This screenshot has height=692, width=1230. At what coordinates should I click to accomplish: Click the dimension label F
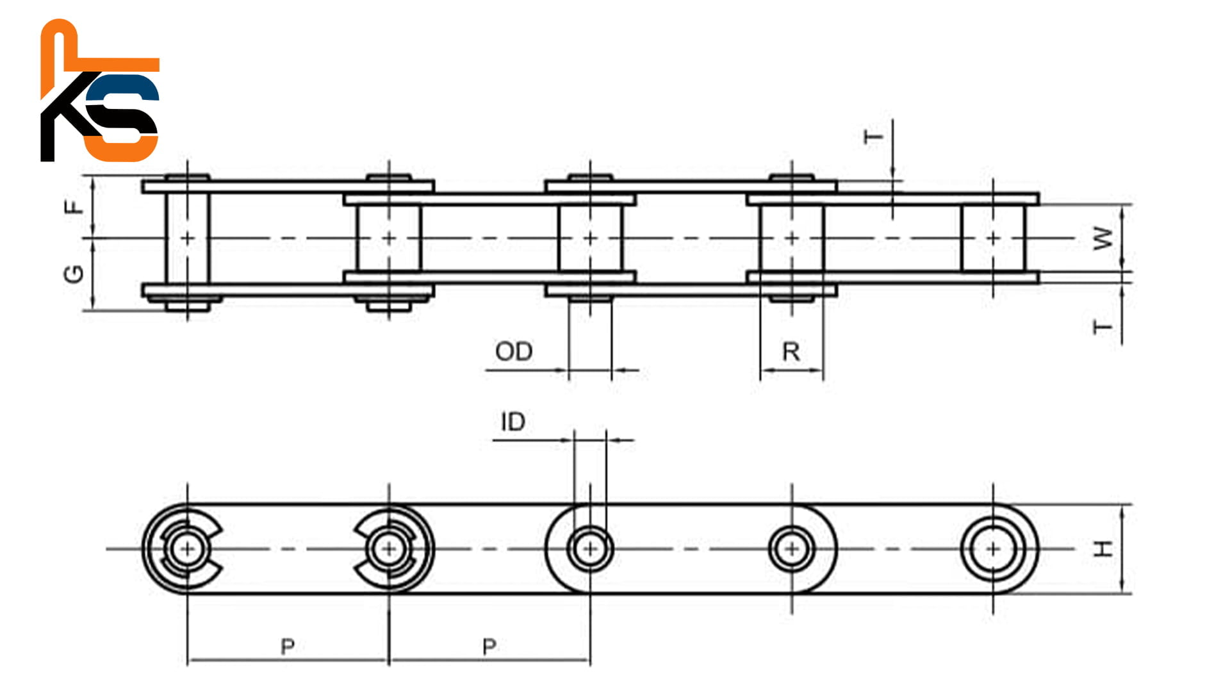(x=76, y=206)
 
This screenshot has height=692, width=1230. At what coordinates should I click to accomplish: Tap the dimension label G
(x=74, y=274)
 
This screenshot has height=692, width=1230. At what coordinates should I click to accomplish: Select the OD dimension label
(x=514, y=351)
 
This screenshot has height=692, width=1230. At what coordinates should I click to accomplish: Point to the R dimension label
(x=791, y=352)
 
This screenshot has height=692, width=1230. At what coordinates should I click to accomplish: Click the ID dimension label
(x=512, y=422)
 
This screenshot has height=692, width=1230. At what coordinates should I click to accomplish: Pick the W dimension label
(x=1103, y=238)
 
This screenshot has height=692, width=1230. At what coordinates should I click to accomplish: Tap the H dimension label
(x=1103, y=548)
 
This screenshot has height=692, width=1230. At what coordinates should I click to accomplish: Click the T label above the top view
(x=873, y=136)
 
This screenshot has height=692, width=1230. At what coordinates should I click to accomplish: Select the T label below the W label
(x=1103, y=327)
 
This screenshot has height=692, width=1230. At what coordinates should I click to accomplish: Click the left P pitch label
(x=288, y=647)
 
